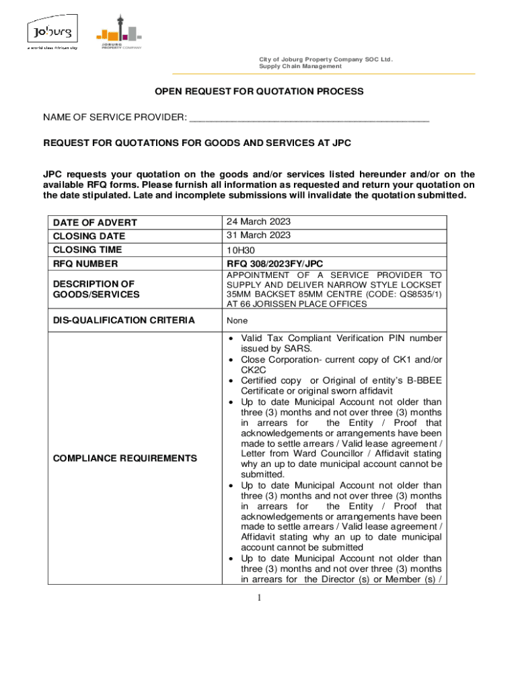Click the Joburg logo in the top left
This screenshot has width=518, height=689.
tap(52, 34)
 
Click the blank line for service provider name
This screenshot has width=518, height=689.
tap(309, 118)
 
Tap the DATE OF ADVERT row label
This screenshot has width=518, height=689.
tap(95, 223)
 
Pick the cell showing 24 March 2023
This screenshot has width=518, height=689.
tap(258, 221)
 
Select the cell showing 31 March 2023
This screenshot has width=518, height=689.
tap(258, 235)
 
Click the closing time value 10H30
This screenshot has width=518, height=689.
tap(240, 250)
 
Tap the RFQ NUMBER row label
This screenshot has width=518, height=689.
tap(85, 264)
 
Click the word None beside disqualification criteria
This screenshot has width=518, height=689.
tap(237, 321)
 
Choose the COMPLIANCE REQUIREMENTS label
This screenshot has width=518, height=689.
tap(124, 458)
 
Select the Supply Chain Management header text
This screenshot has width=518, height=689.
tap(300, 67)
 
